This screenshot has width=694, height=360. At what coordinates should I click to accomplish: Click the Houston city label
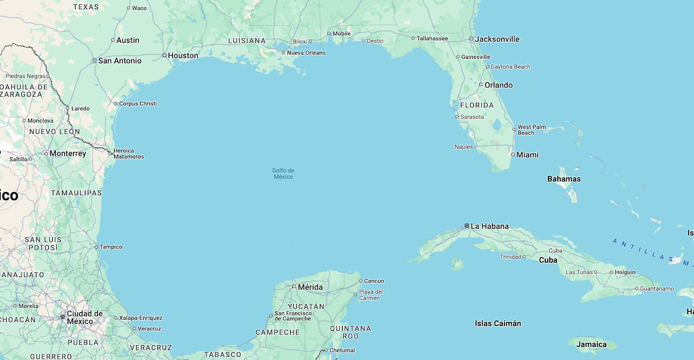point(183,55)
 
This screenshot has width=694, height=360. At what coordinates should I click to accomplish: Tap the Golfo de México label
point(283,173)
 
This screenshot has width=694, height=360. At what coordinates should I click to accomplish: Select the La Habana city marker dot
point(467,226)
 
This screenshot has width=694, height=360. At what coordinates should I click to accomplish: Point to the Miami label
point(527,154)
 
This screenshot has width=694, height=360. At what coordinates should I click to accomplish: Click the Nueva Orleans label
point(305,53)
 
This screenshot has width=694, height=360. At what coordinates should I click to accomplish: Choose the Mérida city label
point(310,287)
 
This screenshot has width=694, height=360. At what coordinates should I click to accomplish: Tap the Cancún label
point(374,281)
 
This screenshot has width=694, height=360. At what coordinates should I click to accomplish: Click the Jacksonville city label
point(498,39)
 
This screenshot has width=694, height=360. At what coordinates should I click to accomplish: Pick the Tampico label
point(112,247)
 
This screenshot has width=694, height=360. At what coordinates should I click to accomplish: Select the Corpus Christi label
point(138,103)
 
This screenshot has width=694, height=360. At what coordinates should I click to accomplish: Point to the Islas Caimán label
point(498,323)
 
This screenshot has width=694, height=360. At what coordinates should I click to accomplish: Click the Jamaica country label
point(592,345)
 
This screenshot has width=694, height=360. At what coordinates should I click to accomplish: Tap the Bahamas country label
point(564,179)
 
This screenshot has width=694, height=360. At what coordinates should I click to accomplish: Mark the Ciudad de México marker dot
point(63,317)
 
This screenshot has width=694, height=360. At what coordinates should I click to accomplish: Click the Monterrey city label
point(68,153)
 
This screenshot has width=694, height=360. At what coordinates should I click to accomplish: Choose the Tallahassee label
point(432,38)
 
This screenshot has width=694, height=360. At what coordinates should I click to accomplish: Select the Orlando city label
point(498,85)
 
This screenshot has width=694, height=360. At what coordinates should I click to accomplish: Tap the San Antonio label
point(120,61)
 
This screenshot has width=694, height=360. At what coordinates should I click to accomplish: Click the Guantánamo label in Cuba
point(656,288)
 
